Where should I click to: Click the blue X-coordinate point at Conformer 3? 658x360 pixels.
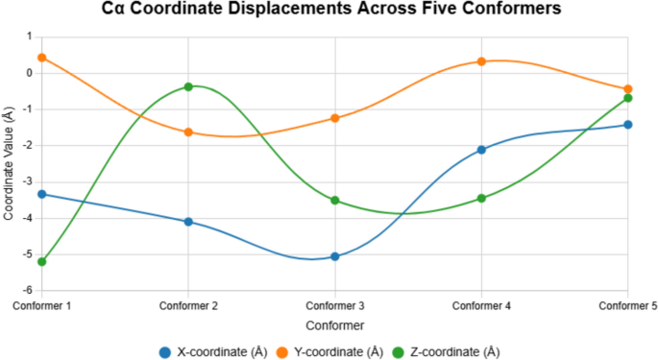335,256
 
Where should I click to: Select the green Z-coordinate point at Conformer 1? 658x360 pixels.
41,261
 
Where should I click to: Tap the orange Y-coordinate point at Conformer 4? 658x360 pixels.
481,61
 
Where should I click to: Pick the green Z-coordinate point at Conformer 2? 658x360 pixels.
188,86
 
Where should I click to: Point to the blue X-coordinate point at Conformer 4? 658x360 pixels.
481,150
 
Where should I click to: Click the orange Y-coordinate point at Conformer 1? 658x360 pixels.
41,58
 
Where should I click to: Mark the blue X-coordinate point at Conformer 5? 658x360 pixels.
628,125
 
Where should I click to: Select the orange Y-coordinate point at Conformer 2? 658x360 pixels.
188,132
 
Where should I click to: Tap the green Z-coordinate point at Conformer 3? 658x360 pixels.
335,200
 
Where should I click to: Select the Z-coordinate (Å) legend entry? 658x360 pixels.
454,351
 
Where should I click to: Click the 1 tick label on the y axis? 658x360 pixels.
30,36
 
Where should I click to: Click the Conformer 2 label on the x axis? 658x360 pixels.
188,305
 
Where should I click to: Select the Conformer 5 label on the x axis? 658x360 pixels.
626,305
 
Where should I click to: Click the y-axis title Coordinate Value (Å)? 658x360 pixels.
9,163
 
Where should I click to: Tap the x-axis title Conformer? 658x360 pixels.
334,326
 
